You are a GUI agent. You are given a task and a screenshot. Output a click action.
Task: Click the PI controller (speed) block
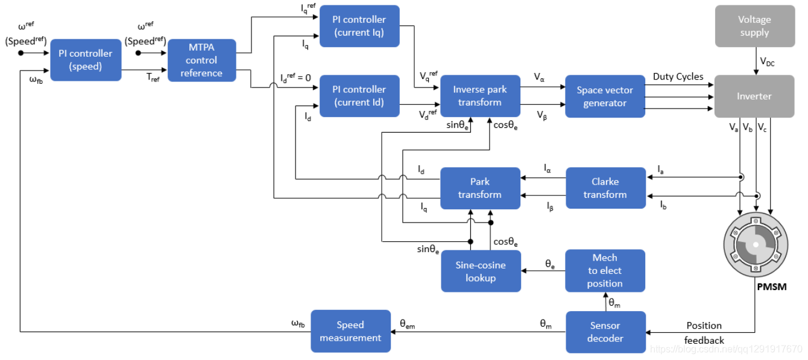(x=86, y=60)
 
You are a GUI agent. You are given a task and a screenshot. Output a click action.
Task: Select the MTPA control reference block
(x=201, y=60)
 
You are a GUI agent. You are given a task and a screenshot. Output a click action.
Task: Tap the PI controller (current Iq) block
(x=359, y=26)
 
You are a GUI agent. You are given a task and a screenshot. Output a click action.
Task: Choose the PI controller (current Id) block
(x=359, y=95)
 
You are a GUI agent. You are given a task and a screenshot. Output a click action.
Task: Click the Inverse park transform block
(x=479, y=96)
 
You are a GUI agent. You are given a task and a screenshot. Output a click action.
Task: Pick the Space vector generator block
(x=605, y=96)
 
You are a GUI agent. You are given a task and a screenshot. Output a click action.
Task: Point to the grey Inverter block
(x=754, y=96)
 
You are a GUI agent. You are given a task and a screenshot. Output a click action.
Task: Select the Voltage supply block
(x=754, y=26)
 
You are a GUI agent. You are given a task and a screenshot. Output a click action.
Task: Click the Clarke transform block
(x=605, y=188)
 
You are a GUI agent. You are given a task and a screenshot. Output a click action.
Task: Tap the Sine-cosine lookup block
(x=481, y=271)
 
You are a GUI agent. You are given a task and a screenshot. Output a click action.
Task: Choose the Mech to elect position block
(x=605, y=271)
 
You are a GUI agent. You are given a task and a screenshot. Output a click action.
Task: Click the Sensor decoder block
(x=605, y=332)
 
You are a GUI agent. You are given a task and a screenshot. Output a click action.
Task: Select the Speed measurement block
(x=350, y=332)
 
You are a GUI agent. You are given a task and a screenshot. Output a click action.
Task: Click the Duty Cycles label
(x=678, y=77)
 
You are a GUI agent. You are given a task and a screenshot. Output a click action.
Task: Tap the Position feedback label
(x=704, y=333)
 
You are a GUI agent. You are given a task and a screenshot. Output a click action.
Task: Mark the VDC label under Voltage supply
(x=767, y=62)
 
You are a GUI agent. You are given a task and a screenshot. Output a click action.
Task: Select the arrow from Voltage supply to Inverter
(x=755, y=61)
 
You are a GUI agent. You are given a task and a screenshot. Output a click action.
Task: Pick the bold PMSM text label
(x=771, y=287)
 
